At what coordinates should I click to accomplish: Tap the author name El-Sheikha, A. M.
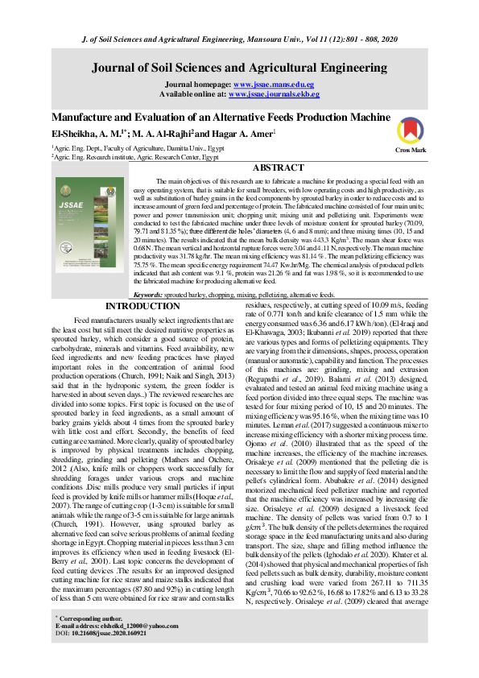[77, 132]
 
